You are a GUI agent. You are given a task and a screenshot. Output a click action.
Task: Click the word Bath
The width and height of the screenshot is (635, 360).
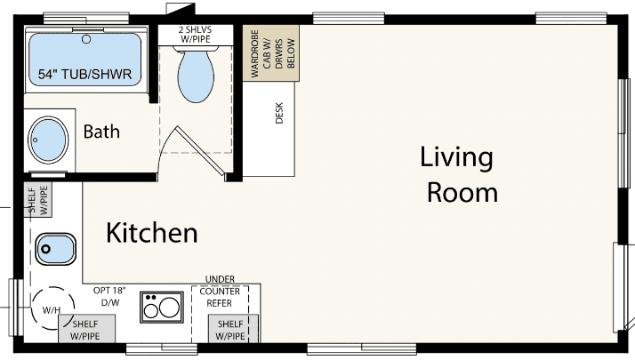101,132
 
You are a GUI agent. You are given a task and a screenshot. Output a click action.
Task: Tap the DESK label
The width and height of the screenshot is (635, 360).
278,114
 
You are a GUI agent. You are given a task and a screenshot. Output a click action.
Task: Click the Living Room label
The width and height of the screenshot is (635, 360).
458,174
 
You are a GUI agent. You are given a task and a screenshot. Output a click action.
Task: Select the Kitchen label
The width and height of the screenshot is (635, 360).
151,234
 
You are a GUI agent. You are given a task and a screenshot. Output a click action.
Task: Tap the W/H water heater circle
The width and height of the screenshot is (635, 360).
50,310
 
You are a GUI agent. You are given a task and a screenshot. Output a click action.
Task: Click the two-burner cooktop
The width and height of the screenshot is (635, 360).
160,308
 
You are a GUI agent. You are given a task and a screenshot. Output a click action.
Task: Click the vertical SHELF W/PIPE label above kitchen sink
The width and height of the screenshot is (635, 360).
37,200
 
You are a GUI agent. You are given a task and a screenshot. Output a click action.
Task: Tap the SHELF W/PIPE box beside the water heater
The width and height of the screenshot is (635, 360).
85,330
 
